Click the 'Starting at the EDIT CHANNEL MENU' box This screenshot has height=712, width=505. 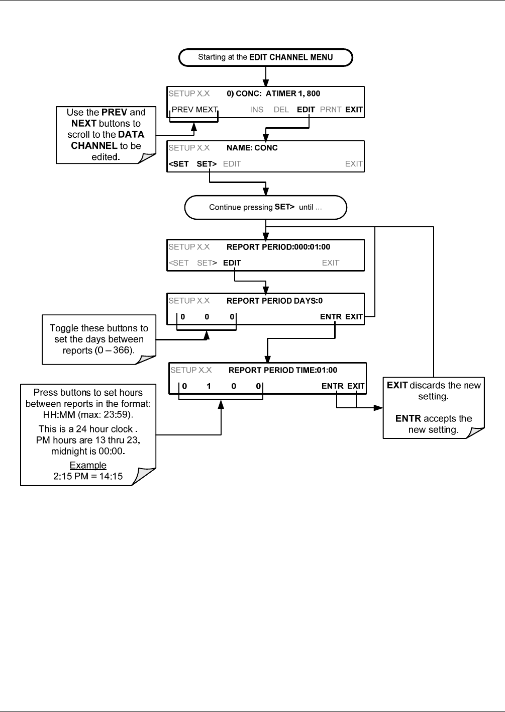pyautogui.click(x=265, y=57)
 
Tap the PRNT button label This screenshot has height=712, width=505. pyautogui.click(x=330, y=110)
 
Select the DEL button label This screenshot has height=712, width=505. pyautogui.click(x=281, y=110)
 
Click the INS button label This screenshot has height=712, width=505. pyautogui.click(x=257, y=110)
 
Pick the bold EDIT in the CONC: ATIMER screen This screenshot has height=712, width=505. pyautogui.click(x=306, y=110)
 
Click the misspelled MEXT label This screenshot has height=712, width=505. pyautogui.click(x=207, y=110)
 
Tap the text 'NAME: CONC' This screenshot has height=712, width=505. pyautogui.click(x=252, y=148)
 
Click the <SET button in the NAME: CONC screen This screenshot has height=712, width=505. pyautogui.click(x=178, y=164)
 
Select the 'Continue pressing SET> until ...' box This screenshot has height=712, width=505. pyautogui.click(x=265, y=207)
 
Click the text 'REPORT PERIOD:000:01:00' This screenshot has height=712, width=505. pyautogui.click(x=278, y=247)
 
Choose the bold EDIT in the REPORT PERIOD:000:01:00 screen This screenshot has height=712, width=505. pyautogui.click(x=232, y=263)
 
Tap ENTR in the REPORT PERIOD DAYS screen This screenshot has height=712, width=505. pyautogui.click(x=331, y=317)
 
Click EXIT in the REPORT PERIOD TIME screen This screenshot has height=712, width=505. pyautogui.click(x=356, y=386)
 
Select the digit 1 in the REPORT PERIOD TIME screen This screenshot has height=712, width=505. pyautogui.click(x=209, y=386)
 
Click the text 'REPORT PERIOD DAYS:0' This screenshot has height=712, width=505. pyautogui.click(x=274, y=301)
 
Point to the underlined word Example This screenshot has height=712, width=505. pyautogui.click(x=88, y=465)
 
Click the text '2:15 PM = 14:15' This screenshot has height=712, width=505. pyautogui.click(x=88, y=476)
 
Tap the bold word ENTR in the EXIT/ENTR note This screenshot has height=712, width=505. pyautogui.click(x=408, y=418)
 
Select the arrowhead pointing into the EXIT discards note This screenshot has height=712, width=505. pyautogui.click(x=378, y=407)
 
